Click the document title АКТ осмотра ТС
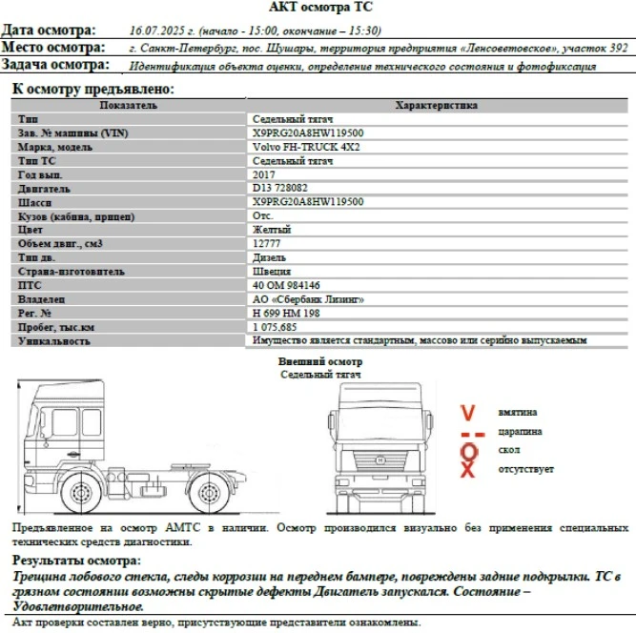(317, 8)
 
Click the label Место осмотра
(53, 48)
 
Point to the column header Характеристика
(436, 106)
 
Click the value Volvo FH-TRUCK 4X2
(294, 148)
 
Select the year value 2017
(263, 175)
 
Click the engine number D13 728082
(281, 189)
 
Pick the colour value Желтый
(272, 230)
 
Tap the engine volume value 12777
(268, 244)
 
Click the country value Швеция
(273, 272)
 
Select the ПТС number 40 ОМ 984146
(286, 285)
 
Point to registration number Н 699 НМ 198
(286, 313)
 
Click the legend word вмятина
(517, 412)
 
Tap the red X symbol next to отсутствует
(468, 470)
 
